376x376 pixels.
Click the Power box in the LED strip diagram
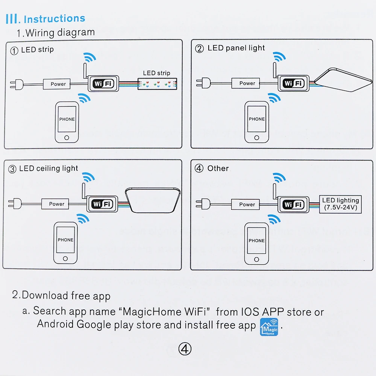[x=58, y=84]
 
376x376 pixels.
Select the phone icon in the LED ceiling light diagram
[x=65, y=243]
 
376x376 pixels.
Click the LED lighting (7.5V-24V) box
[x=340, y=204]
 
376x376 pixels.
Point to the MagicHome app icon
[x=269, y=327]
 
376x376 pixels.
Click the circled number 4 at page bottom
[x=185, y=349]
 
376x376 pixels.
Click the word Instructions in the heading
[x=54, y=18]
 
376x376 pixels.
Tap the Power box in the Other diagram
[x=247, y=204]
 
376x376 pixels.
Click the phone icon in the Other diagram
[x=256, y=244]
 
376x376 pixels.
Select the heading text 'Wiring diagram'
[x=60, y=32]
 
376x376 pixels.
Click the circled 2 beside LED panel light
[x=199, y=49]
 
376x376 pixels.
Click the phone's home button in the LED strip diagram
[x=67, y=137]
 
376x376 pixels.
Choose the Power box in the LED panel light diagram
[x=247, y=83]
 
